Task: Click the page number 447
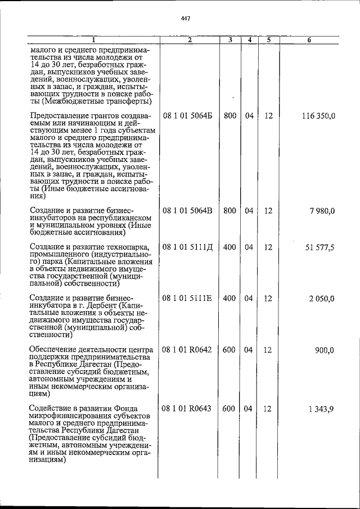[x=186, y=19]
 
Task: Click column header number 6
[x=309, y=40]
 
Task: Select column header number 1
[x=93, y=40]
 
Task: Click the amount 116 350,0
[x=318, y=116]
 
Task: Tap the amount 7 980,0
[x=322, y=210]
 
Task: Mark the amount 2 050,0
[x=322, y=298]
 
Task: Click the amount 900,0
[x=325, y=349]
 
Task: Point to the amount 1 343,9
[x=321, y=408]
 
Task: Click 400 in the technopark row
[x=229, y=247]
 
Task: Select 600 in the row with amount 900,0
[x=229, y=349]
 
